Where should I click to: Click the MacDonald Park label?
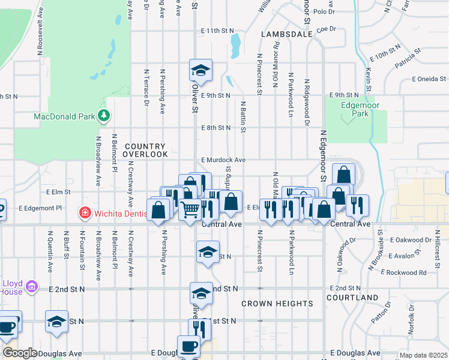62,116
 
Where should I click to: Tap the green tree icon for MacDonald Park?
104,115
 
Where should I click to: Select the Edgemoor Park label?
351,108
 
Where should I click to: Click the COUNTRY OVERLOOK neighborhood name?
145,151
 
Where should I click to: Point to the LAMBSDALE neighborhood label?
287,35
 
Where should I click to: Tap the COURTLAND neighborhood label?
352,298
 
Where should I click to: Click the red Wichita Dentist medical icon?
85,212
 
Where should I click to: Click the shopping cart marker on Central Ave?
190,209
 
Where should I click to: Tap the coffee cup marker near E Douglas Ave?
190,346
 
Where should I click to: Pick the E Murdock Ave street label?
223,160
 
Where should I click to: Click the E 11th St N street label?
217,30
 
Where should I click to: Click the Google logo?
20,353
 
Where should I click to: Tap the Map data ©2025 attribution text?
423,355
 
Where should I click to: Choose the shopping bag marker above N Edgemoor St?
343,176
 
